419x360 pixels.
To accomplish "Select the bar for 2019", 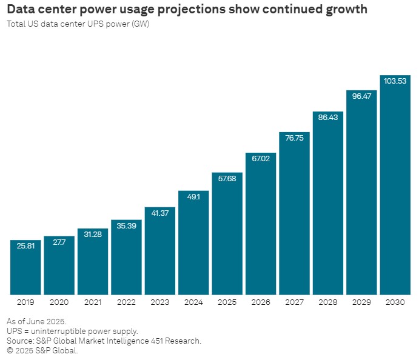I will point(25,267).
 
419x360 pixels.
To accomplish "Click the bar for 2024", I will point(193,242).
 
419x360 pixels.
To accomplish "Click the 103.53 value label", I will point(395,81).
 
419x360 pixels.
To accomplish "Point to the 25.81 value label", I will point(25,246).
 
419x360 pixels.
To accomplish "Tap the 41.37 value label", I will point(160,213).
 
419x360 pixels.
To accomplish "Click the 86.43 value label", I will point(328,117).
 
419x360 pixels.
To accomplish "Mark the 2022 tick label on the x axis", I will point(126,302).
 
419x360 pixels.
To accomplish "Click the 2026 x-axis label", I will point(261,302).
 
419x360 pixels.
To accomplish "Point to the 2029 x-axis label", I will point(361,302).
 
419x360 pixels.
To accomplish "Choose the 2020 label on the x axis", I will point(59,302).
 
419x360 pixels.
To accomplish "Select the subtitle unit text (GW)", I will point(141,24).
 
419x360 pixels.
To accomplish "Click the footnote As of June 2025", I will point(36,321).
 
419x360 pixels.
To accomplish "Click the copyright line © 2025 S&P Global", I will point(42,350).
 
